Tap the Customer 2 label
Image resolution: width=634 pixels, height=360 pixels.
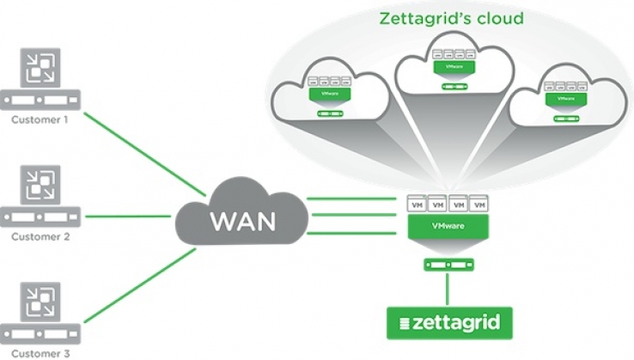coord(40,235)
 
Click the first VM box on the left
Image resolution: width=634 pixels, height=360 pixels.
coord(416,206)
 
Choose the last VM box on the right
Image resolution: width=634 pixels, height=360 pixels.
coord(479,206)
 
